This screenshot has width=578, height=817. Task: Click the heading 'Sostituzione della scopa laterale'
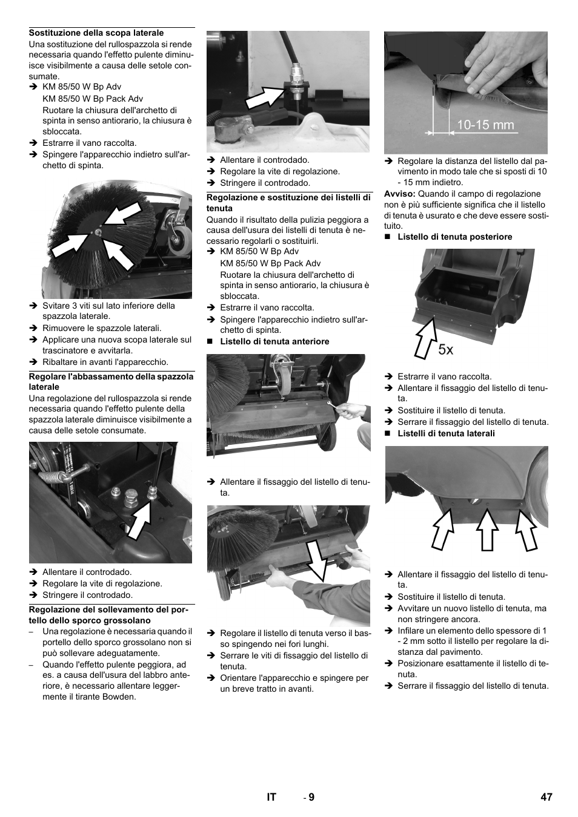(96, 33)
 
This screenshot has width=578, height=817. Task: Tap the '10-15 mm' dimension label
(485, 125)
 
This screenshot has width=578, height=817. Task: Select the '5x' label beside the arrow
(445, 349)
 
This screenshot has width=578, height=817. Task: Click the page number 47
(546, 797)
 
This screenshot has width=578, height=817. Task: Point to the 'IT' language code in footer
(271, 797)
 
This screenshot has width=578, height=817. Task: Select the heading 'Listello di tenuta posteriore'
(454, 237)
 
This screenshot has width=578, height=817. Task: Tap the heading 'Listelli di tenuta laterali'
(446, 433)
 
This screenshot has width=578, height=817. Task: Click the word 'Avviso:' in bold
(400, 194)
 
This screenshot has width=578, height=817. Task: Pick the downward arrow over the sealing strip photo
(316, 560)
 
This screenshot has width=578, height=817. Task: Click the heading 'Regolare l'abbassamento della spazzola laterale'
(111, 381)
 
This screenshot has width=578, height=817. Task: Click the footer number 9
(311, 797)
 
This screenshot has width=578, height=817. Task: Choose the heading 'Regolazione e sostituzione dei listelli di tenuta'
(288, 203)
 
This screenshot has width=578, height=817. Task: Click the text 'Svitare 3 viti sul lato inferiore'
(108, 306)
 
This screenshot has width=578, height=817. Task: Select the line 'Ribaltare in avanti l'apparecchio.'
(105, 362)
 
